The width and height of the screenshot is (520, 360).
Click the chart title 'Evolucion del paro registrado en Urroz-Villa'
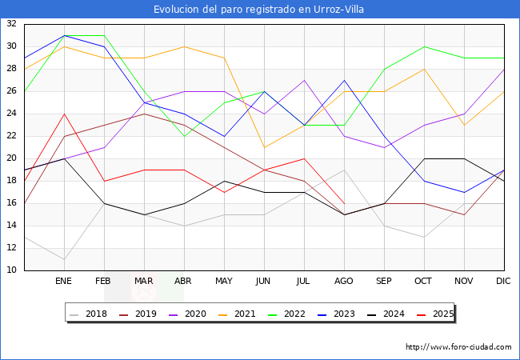coord(260,9)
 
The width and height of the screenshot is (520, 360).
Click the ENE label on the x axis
coord(63,282)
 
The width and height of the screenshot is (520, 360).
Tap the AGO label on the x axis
coord(343,282)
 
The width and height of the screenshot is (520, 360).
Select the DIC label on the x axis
coord(503,282)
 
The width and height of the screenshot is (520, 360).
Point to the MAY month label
coord(224,282)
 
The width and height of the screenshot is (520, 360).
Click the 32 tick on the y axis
coord(12,24)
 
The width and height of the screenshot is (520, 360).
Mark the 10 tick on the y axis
coord(12,270)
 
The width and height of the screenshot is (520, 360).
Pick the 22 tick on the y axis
coord(12,136)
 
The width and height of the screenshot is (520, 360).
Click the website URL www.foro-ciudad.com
coord(458,347)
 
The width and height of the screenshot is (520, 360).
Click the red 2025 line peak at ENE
coord(64,114)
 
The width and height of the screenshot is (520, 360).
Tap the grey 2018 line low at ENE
coord(64,259)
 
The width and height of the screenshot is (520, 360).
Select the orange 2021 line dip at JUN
coord(264,147)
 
